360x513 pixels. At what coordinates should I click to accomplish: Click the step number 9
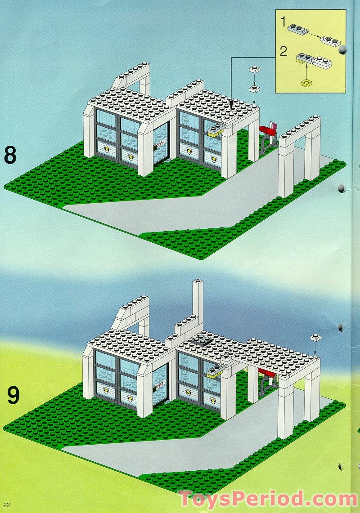[x=13, y=396]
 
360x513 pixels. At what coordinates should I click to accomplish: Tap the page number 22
[x=6, y=503]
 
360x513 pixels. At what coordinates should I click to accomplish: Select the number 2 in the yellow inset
[x=283, y=51]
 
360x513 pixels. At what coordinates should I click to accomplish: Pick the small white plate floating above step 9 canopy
[x=315, y=337]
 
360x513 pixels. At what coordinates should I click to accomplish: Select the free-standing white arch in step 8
[x=299, y=153]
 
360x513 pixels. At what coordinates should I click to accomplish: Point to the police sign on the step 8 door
[x=160, y=143]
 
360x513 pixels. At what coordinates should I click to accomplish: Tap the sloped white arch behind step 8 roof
[x=133, y=79]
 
